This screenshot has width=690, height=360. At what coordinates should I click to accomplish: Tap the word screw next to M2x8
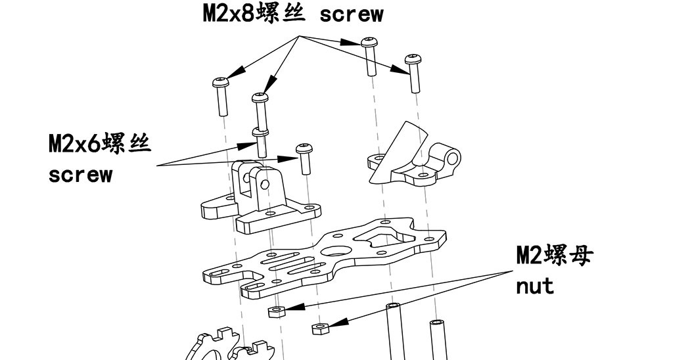[351, 15]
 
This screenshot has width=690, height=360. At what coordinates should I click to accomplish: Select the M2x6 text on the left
[74, 144]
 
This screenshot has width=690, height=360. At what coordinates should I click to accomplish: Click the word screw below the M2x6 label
[80, 175]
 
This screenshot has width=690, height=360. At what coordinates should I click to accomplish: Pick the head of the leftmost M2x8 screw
[219, 83]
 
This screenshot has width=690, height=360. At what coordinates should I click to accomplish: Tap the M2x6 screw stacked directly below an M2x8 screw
[262, 141]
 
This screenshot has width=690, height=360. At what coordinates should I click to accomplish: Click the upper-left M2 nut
[276, 310]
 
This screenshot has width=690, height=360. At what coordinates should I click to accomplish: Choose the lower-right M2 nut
[320, 328]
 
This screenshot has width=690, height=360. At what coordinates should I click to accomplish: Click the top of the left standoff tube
[394, 307]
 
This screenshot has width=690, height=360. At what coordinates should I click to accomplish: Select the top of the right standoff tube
[437, 324]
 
